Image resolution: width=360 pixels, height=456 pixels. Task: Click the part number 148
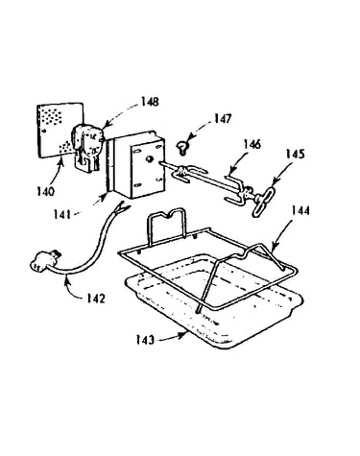150,102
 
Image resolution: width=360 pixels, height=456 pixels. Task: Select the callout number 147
223,119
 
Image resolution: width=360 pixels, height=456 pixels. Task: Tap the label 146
252,144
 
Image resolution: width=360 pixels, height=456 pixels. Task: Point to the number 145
296,155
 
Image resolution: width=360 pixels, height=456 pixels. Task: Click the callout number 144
300,211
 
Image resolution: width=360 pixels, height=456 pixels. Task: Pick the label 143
145,340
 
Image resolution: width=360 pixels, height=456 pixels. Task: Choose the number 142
96,299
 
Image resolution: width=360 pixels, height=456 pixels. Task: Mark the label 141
61,214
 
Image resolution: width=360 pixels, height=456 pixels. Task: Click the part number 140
45,192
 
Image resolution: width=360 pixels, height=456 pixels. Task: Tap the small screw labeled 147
182,148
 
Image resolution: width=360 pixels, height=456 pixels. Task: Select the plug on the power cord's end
45,259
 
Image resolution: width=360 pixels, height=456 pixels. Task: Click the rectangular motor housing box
136,164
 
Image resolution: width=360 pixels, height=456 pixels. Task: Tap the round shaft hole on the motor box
149,159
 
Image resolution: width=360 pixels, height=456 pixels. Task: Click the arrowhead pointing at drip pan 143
183,335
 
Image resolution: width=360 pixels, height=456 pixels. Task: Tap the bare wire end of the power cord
123,208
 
